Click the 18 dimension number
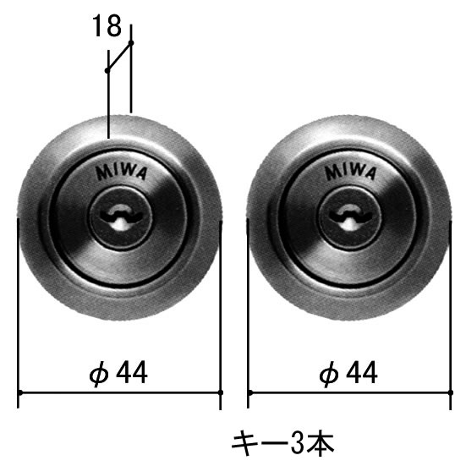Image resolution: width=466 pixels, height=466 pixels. [107, 26]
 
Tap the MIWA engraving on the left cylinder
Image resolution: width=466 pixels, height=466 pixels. [121, 173]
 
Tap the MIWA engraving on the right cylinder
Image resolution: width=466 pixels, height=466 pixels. [351, 173]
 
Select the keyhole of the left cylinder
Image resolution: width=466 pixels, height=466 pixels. [121, 217]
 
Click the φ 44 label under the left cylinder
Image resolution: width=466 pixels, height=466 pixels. [118, 373]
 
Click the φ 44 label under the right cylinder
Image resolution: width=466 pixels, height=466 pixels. [348, 373]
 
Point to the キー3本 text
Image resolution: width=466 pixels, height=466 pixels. [282, 444]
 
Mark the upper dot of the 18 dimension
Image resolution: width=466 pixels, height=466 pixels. [131, 43]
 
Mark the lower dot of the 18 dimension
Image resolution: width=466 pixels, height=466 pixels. [107, 70]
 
